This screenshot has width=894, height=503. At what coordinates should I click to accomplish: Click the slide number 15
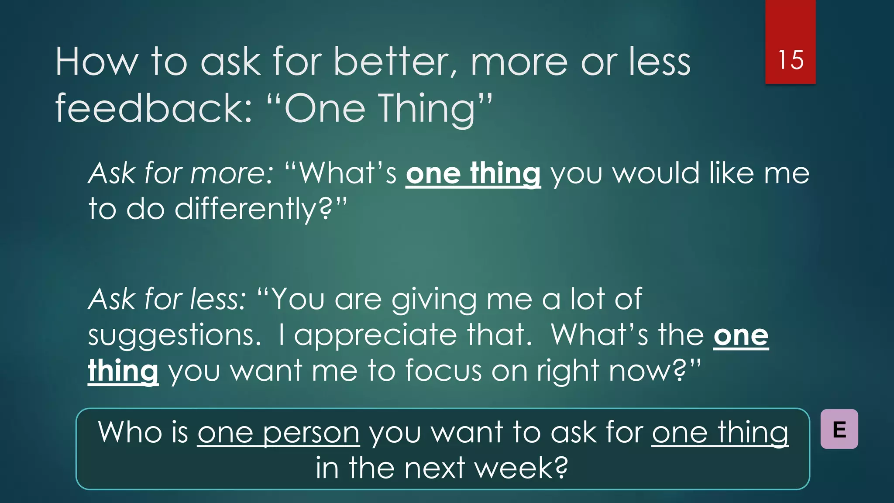791,60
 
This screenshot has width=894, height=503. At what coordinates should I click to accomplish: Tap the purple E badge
839,429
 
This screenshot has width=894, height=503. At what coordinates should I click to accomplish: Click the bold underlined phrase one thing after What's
473,173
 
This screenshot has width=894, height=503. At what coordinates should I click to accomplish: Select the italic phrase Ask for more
180,173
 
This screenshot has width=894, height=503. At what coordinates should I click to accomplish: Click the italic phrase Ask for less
167,300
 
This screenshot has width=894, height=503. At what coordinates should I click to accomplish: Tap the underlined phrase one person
279,433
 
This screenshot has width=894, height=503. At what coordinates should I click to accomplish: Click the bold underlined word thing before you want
123,371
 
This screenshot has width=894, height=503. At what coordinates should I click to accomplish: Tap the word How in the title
96,62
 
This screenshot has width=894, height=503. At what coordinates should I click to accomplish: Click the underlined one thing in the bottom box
720,433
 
